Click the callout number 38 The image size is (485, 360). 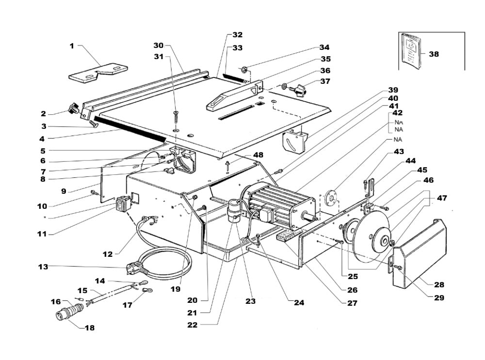pos(434,54)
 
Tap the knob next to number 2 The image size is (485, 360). pos(75,109)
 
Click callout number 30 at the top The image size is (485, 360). pos(159,45)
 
